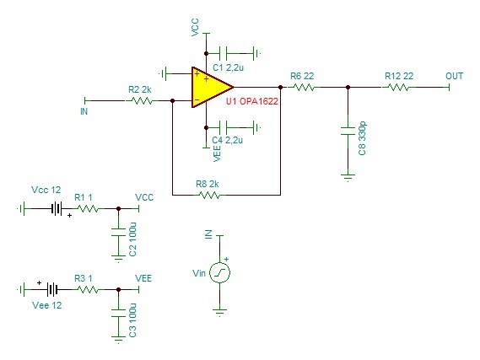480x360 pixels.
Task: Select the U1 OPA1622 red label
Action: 252,101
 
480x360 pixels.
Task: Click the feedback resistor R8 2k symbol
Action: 209,195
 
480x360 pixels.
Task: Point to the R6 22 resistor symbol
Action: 301,88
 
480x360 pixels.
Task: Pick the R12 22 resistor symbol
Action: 397,88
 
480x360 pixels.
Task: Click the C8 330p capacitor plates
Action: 348,131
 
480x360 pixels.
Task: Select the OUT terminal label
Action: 455,76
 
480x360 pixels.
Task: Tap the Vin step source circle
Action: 219,273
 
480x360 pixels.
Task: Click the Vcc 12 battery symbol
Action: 57,209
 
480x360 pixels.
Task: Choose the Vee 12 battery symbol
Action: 52,289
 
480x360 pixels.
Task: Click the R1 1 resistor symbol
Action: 88,209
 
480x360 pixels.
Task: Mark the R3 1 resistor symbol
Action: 88,289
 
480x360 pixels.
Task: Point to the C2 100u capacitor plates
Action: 118,232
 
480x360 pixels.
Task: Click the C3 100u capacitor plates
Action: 118,313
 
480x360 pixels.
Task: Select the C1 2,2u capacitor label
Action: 228,67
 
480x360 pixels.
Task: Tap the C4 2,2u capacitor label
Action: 228,140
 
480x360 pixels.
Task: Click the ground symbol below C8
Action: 348,177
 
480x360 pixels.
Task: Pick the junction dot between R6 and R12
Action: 348,88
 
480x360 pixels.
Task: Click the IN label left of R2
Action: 84,111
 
